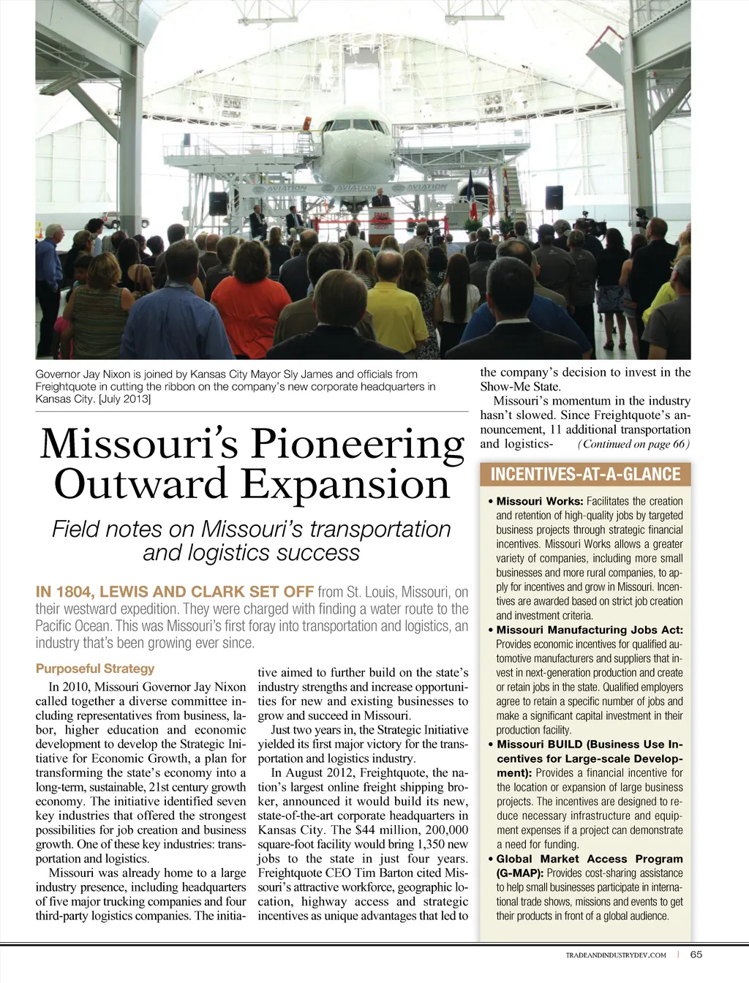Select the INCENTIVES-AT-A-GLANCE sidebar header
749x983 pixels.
pos(585,474)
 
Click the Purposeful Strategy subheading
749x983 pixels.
pos(95,668)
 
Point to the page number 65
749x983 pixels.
pos(696,954)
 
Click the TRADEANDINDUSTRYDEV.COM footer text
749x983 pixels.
pos(616,954)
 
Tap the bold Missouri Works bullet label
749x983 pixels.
pos(539,501)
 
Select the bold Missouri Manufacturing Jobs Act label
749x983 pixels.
pos(590,630)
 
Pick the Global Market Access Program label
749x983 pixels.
pos(590,859)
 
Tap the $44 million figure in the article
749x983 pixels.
pos(385,830)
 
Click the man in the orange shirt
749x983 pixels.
pos(251,304)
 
